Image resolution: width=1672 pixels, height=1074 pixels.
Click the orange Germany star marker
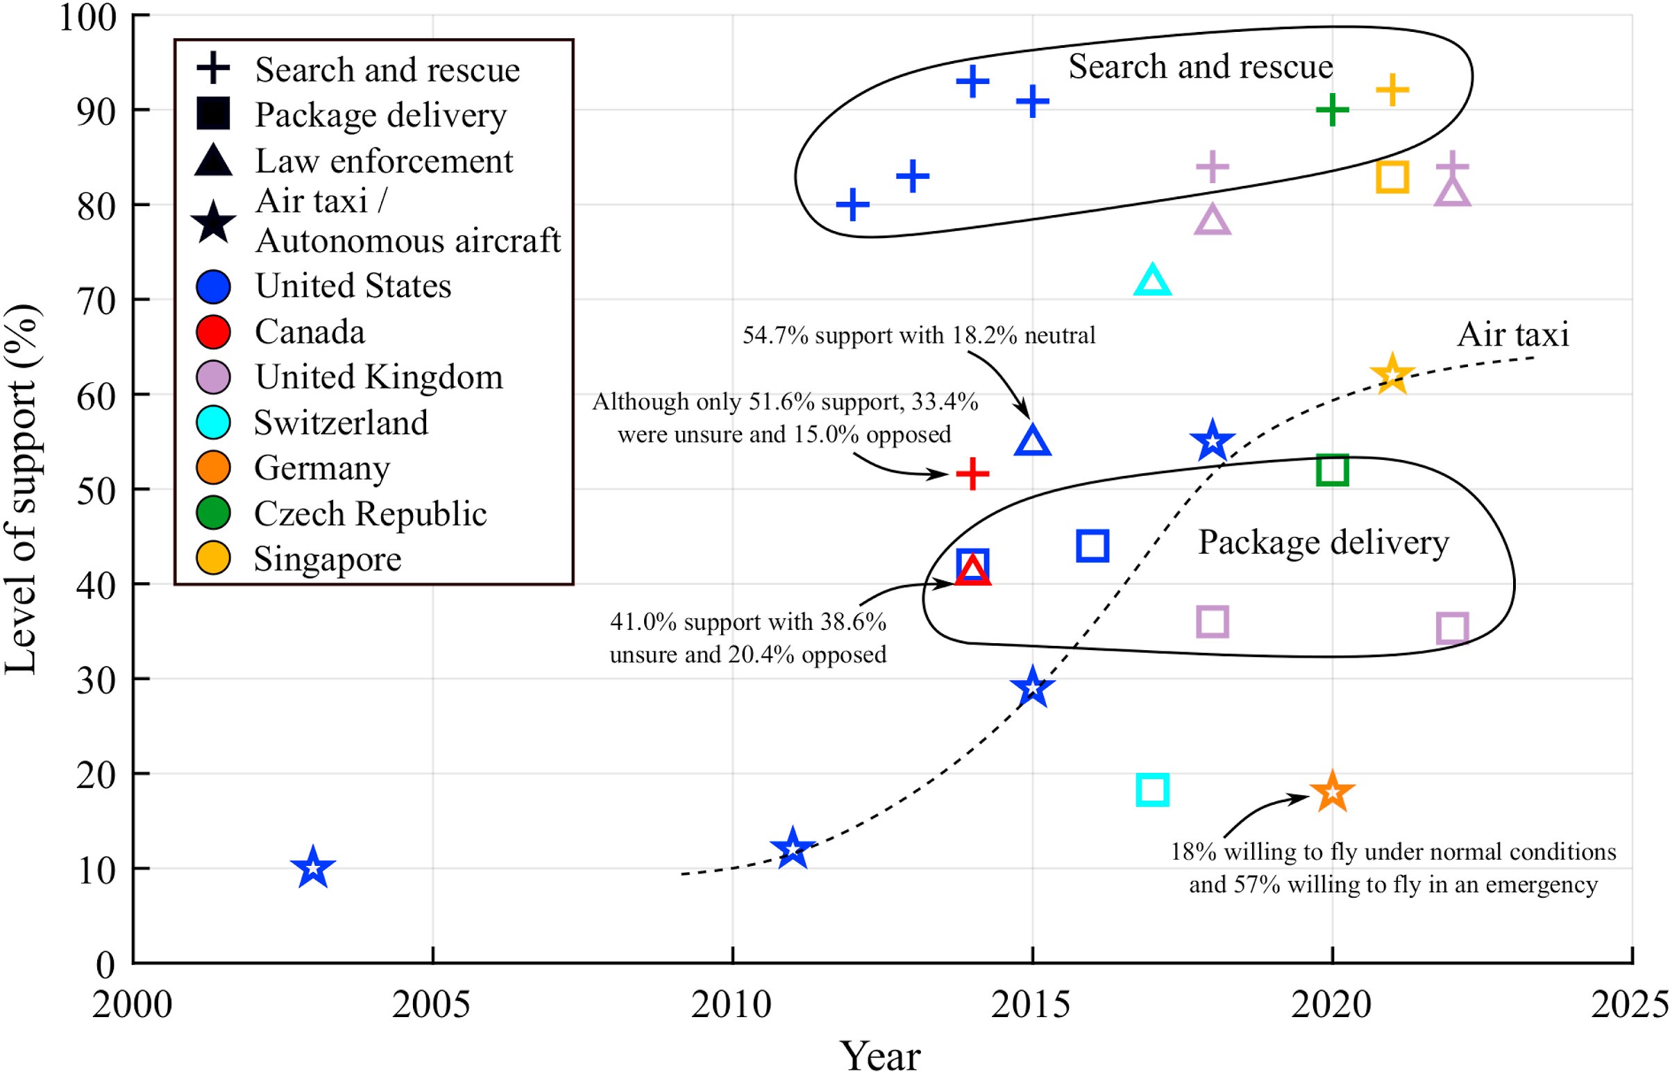1332,792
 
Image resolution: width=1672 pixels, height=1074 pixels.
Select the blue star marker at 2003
313,868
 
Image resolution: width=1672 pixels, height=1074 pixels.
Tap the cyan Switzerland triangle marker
1152,281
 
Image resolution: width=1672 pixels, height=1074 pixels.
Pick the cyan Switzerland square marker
1152,790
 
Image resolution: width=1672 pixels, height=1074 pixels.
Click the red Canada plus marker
972,475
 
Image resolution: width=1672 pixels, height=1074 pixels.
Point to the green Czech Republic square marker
1332,470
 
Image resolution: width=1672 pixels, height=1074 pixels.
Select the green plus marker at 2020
1332,110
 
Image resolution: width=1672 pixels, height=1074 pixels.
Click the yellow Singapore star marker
1392,375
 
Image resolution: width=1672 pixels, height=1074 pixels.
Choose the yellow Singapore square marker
1392,177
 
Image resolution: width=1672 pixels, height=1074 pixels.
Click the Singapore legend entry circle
214,559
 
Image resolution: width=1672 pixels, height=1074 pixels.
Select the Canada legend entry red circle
214,332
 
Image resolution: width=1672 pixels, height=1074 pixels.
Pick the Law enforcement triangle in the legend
214,160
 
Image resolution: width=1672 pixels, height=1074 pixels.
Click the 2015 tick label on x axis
1031,1005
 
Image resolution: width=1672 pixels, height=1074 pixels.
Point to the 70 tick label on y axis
96,301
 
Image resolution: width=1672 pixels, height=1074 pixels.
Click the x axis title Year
879,1056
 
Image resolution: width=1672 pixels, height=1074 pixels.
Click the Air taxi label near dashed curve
1512,334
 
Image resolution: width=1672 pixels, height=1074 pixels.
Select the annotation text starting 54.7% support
918,335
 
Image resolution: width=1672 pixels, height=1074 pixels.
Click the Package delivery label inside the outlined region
1322,543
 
